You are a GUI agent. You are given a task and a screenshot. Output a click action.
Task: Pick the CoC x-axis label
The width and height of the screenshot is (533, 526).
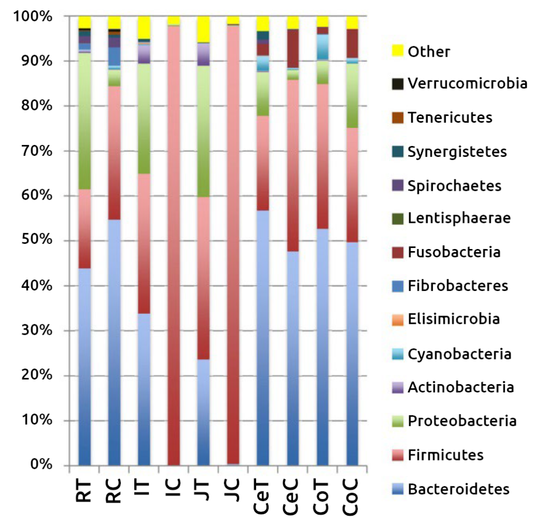(x=352, y=499)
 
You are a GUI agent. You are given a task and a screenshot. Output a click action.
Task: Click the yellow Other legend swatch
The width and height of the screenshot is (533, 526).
(x=398, y=50)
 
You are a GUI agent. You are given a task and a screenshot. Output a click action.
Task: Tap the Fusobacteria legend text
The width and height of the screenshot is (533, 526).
(x=454, y=253)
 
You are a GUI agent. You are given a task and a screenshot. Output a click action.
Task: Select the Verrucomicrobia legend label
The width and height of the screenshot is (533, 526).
(x=467, y=83)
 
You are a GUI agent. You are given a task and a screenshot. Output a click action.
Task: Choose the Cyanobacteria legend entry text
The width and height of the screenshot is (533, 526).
(x=459, y=354)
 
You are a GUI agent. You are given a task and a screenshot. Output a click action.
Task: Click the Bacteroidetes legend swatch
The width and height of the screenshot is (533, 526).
(x=398, y=489)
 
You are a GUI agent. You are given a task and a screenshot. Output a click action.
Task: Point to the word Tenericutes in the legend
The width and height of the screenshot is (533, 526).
(x=450, y=117)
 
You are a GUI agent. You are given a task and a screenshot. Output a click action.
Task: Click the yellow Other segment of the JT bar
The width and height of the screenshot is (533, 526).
(x=204, y=29)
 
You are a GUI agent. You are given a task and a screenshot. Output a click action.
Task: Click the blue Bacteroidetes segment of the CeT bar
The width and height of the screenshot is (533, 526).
(x=263, y=338)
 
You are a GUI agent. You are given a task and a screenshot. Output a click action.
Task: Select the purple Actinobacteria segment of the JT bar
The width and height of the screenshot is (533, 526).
(x=204, y=54)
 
